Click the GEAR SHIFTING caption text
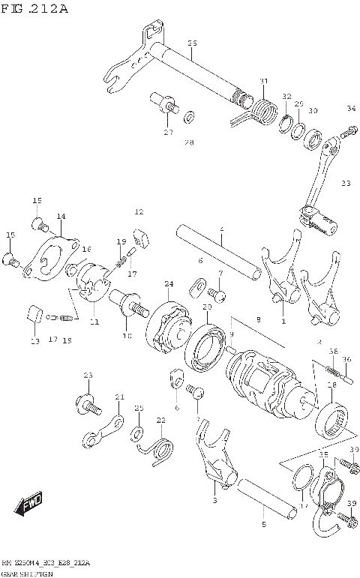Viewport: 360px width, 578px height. coord(27,571)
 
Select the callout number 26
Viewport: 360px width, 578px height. coord(192,43)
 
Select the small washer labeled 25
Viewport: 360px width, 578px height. coord(137,433)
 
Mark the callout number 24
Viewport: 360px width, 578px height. coord(169,283)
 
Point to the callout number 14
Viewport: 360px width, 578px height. coord(60,216)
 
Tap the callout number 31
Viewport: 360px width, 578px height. coord(263,81)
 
